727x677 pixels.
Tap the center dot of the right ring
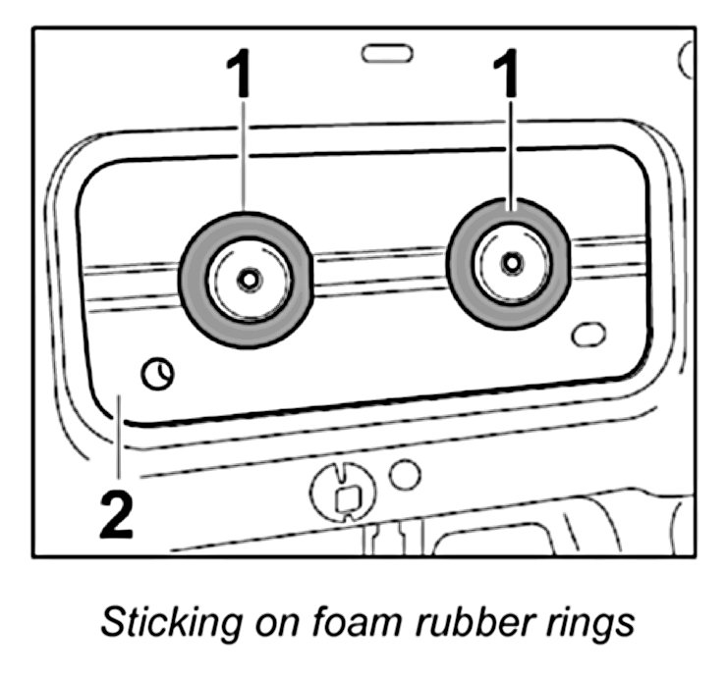(510, 263)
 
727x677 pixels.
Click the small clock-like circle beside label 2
(155, 373)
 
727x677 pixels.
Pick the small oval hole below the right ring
(587, 335)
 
